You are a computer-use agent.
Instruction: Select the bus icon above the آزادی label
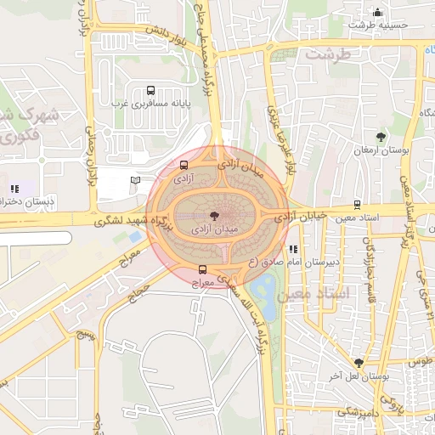[184, 166]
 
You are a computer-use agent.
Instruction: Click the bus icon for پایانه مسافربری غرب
[151, 90]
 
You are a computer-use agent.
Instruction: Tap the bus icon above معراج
[201, 269]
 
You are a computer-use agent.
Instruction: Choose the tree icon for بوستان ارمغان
[380, 137]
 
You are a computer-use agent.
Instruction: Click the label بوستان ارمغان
[381, 150]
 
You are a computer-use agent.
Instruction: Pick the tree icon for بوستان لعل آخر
[359, 363]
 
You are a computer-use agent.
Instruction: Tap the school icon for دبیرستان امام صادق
[293, 250]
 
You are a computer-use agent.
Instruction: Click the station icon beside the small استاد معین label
[356, 205]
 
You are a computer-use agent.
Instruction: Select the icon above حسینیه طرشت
[377, 13]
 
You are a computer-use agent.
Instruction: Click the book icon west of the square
[135, 180]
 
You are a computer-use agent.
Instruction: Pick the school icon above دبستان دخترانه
[14, 189]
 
